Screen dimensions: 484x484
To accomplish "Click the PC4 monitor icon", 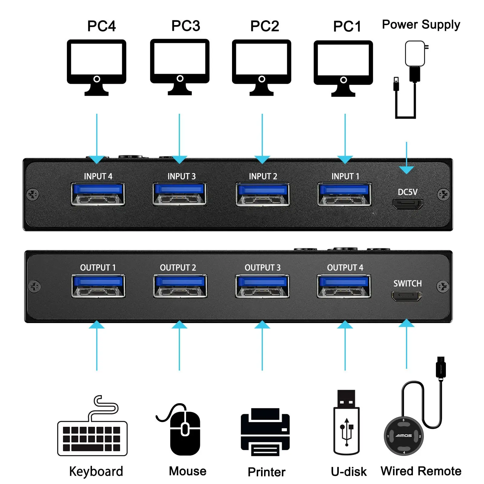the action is (x=96, y=67).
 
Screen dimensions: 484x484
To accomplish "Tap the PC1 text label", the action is (x=347, y=26).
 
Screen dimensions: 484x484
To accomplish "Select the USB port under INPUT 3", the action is (x=180, y=194).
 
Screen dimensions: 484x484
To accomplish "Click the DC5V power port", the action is (x=407, y=204).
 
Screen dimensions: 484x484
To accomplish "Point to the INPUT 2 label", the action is (x=263, y=176).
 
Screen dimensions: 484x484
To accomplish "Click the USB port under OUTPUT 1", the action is (x=98, y=286).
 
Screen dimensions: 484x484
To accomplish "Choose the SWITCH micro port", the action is (x=407, y=296).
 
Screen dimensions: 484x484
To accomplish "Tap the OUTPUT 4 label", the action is (x=345, y=268).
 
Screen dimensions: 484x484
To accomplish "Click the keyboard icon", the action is (x=93, y=426).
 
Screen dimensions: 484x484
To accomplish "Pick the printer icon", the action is (x=265, y=432).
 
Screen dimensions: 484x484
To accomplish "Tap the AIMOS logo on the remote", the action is (x=404, y=436).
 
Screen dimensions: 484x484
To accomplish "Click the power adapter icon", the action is (x=411, y=80).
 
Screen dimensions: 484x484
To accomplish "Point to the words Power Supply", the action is (x=421, y=25).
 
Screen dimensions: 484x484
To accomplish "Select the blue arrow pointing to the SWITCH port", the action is (x=407, y=344).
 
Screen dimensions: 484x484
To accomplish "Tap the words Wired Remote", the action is (x=421, y=471).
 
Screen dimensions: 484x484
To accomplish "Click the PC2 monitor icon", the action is (x=262, y=67).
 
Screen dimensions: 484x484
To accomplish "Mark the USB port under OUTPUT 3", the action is (x=262, y=286).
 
